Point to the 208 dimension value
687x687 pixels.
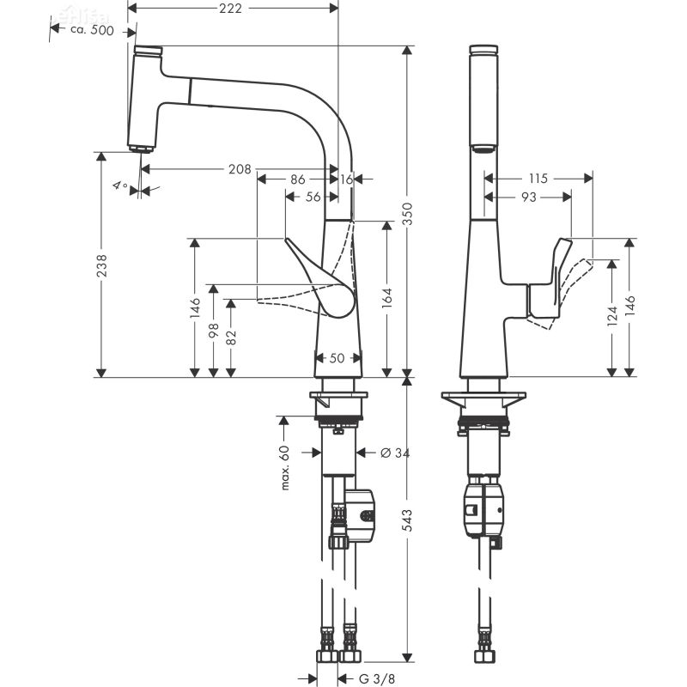pyautogui.click(x=240, y=169)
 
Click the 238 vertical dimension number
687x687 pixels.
pyautogui.click(x=101, y=266)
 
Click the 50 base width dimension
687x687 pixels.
pyautogui.click(x=337, y=357)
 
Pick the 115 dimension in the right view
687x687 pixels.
pyautogui.click(x=538, y=179)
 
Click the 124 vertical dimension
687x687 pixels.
pyautogui.click(x=611, y=317)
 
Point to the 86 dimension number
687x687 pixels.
pyautogui.click(x=297, y=179)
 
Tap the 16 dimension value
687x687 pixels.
pyautogui.click(x=347, y=179)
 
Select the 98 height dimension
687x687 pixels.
pyautogui.click(x=213, y=331)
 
